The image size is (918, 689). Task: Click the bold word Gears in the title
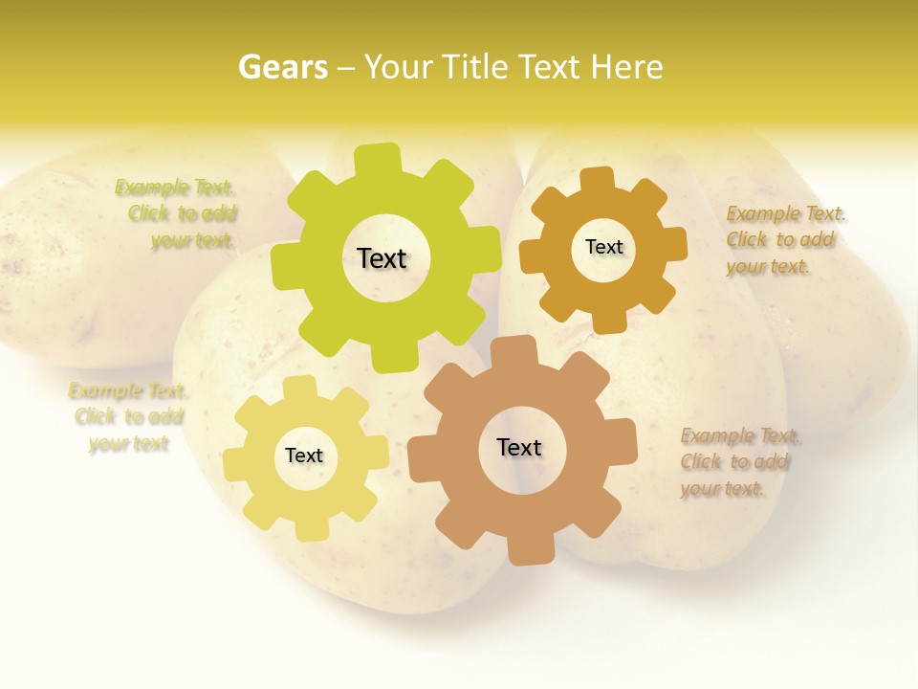coord(282,67)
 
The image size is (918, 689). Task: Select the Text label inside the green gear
coord(382,258)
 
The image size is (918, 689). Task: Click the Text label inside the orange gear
coord(603,247)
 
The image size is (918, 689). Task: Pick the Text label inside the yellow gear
coord(304,456)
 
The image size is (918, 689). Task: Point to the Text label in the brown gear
coord(519,447)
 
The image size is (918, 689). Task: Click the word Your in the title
coord(398,67)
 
